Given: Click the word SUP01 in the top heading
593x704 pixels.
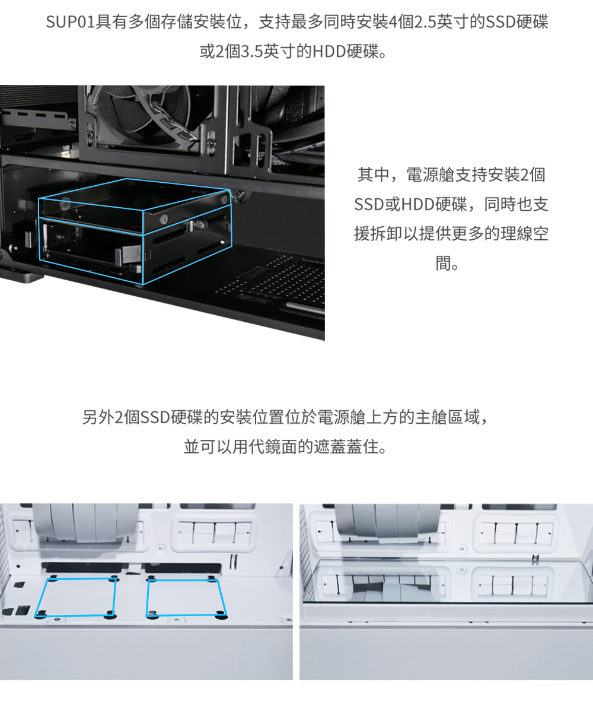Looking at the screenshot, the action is click(71, 22).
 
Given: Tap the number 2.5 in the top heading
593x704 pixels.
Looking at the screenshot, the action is click(424, 22).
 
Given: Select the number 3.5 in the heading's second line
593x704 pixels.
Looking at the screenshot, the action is click(251, 52).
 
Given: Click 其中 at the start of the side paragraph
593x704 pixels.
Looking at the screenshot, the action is click(373, 175).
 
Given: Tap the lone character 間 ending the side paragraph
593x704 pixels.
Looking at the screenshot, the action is click(443, 263).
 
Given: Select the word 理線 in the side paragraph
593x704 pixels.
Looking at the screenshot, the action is click(517, 233).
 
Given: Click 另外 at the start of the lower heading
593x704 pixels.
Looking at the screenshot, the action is click(98, 417).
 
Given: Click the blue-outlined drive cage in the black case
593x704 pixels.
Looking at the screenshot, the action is click(135, 232).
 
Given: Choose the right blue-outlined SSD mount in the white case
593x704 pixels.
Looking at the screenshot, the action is click(186, 598).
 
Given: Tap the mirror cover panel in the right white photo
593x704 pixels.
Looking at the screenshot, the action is click(447, 581).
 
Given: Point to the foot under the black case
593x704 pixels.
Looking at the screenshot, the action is click(21, 274).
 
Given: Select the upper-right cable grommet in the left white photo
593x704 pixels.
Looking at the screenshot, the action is click(215, 532).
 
